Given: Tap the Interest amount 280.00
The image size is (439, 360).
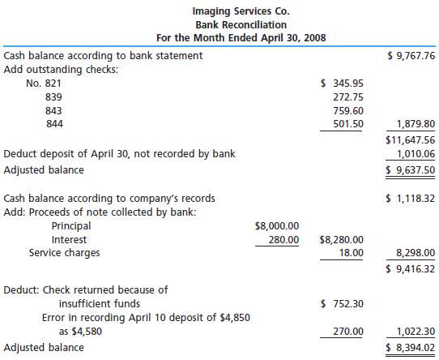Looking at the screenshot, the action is [283, 240].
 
